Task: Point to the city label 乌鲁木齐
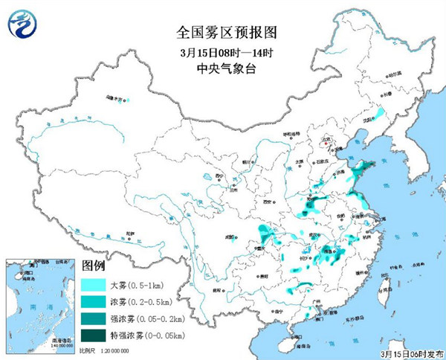[x=114, y=97]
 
